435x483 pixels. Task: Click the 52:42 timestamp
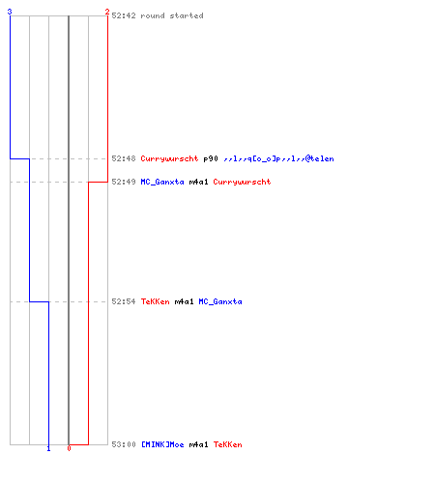124,15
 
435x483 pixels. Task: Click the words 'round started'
172,15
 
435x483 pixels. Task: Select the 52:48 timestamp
124,158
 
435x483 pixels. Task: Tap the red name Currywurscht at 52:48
169,158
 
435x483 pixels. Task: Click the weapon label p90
211,158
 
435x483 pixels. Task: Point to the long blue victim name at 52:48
278,158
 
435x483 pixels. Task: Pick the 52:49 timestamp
124,182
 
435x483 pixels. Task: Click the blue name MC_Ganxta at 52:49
162,182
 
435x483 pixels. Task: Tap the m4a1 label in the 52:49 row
198,182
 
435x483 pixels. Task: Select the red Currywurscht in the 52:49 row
242,182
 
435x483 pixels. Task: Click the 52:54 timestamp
124,301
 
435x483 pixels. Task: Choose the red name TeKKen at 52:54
155,301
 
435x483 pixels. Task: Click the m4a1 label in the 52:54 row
184,301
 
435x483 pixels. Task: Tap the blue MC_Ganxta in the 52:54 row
220,301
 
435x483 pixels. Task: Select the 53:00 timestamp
124,444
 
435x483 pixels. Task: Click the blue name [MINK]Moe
162,444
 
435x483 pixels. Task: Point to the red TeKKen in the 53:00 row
227,444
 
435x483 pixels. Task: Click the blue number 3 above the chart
10,12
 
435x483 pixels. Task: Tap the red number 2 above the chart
107,12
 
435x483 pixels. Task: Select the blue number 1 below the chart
48,448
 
